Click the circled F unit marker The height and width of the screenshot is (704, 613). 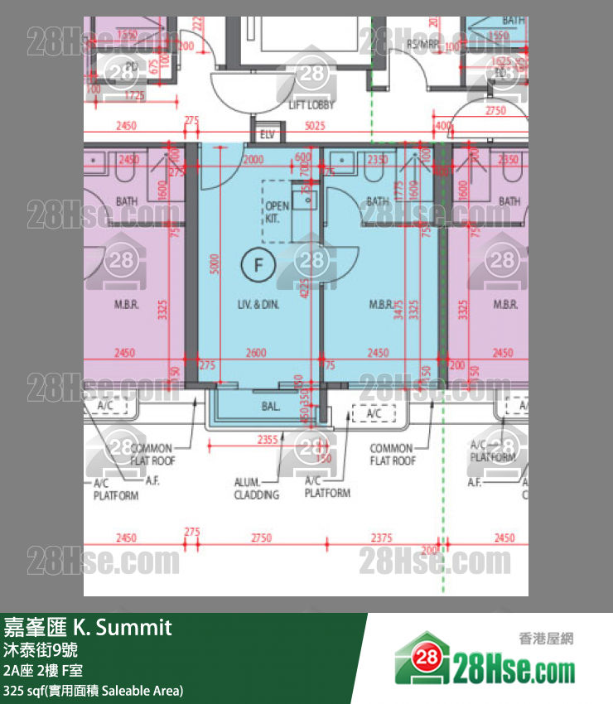(x=258, y=266)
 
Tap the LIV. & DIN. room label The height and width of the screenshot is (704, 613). (x=258, y=305)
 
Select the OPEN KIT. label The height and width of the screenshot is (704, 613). (x=277, y=212)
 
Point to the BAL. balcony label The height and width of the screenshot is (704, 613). (x=270, y=407)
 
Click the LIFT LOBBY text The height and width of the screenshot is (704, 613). (x=311, y=105)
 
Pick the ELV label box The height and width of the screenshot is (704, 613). (x=267, y=133)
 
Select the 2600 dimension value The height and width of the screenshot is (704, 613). (x=256, y=353)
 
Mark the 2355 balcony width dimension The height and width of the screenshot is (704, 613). (x=267, y=440)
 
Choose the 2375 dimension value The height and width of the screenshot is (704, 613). (x=382, y=538)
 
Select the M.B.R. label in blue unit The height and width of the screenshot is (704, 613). (x=380, y=305)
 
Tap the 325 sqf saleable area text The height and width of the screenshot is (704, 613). (x=93, y=691)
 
